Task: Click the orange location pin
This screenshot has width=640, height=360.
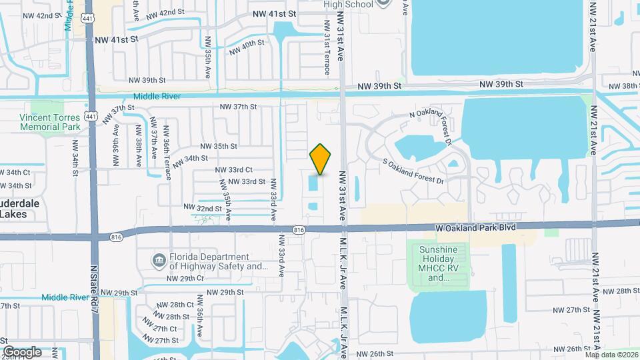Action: point(321,159)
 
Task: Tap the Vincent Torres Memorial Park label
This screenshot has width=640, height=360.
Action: point(50,122)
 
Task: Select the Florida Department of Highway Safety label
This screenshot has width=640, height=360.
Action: point(209,262)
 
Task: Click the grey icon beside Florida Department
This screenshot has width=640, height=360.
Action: point(159,259)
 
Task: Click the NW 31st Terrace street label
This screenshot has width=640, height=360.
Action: point(327,47)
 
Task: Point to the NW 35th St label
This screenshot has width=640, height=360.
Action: point(219,146)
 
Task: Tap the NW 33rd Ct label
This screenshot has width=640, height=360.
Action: point(233,170)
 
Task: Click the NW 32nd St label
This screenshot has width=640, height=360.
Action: point(199,209)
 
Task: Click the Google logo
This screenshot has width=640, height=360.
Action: point(22,352)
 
